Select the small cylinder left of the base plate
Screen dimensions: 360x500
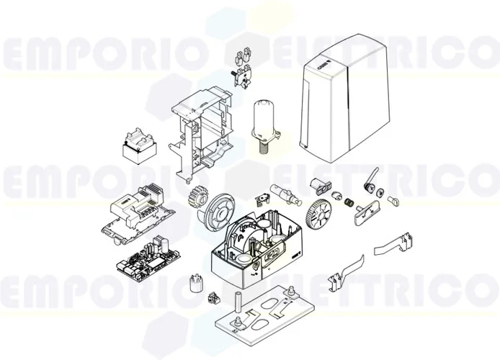(192, 282)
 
